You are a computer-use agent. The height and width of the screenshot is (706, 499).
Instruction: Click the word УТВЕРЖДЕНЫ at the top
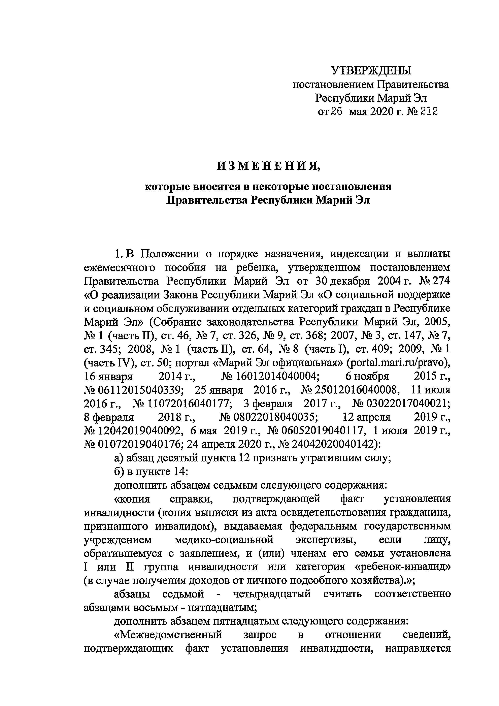point(371,71)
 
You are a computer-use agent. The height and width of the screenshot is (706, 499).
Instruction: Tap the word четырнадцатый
point(272,594)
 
